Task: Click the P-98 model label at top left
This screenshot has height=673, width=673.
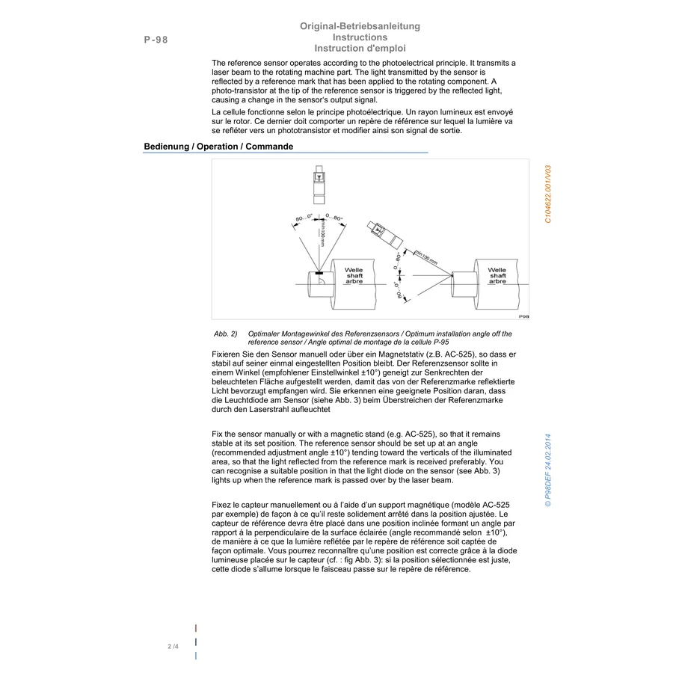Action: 156,40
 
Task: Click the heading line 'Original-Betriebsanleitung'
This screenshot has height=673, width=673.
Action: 360,26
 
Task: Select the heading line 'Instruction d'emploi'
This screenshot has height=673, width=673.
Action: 360,49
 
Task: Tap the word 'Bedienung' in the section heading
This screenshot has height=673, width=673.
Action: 167,147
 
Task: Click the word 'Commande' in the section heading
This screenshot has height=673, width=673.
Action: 269,147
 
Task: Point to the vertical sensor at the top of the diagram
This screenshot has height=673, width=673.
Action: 319,185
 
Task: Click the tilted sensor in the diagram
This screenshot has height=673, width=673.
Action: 385,234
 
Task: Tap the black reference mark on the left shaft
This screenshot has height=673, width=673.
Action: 319,272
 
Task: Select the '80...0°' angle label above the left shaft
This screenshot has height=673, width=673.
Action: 304,218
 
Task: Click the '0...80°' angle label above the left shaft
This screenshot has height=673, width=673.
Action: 334,218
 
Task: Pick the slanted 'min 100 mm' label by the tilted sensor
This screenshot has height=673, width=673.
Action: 426,257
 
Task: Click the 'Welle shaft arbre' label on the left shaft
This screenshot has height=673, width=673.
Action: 354,275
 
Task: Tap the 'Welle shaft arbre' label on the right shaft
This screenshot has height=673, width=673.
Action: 497,275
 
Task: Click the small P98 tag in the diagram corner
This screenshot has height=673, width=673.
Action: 523,316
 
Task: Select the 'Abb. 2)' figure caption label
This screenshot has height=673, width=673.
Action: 225,334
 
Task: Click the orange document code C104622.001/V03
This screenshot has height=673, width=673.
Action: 547,194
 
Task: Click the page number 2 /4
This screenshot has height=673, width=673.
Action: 173,646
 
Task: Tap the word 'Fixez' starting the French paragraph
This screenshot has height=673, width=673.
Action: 221,505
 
